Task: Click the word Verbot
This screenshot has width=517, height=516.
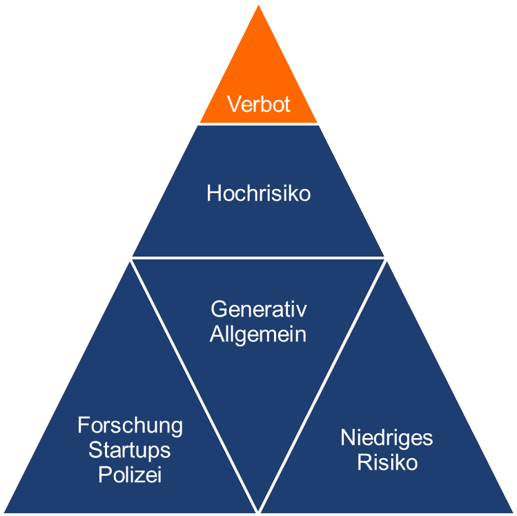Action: [x=259, y=105]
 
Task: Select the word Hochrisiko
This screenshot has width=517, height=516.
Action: [x=259, y=193]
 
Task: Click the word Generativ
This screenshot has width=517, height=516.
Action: [x=259, y=309]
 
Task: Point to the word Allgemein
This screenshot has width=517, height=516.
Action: [x=258, y=335]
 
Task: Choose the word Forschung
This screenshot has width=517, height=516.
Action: [x=130, y=426]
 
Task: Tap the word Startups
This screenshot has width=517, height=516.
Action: [x=130, y=450]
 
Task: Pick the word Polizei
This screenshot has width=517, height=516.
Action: [x=130, y=475]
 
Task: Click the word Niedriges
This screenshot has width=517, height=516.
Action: [x=387, y=437]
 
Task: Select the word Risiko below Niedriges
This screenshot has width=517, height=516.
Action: [x=387, y=462]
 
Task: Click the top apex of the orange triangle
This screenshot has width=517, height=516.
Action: [x=259, y=6]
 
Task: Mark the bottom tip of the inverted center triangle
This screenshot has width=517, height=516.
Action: [x=258, y=510]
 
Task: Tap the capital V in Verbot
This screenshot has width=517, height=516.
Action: [x=233, y=105]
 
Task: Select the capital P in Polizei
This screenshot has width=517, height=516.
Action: [x=104, y=475]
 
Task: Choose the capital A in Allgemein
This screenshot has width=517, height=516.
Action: [x=216, y=335]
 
